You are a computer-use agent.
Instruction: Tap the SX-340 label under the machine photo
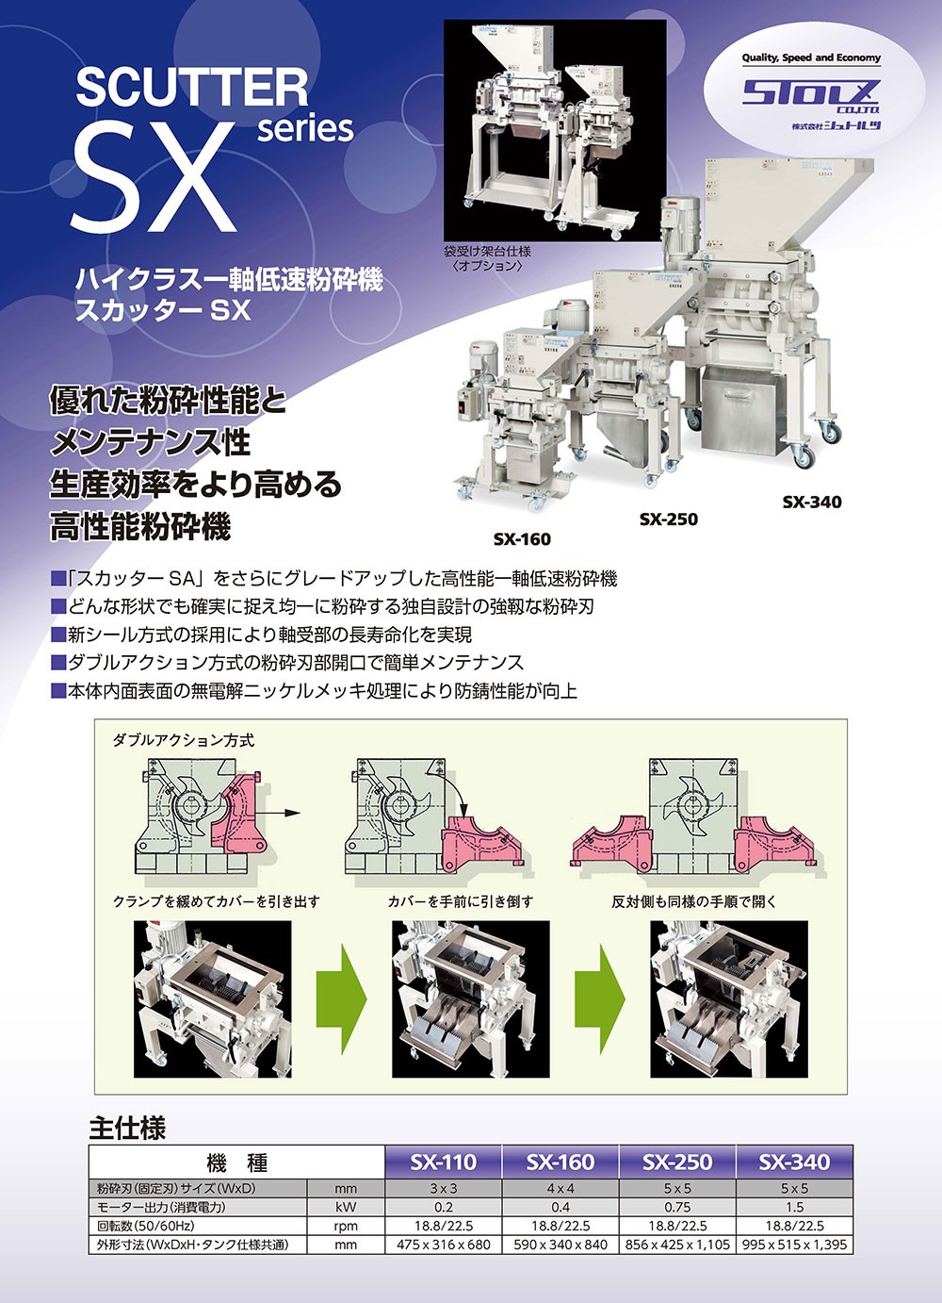coord(811,502)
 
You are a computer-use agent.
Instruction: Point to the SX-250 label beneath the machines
coord(668,519)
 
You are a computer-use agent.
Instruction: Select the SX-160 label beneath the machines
coord(522,539)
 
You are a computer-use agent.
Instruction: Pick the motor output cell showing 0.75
coord(677,1207)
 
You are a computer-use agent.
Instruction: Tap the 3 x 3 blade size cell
coord(444,1188)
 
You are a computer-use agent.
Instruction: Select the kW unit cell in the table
coord(346,1207)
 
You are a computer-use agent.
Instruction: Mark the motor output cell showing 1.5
coord(794,1207)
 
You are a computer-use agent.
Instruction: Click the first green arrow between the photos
coord(342,999)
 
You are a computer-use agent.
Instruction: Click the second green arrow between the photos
coord(600,999)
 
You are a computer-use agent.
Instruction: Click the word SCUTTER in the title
coord(192,88)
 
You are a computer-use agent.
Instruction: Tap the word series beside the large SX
coord(305,129)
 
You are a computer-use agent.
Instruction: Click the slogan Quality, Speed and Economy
coord(811,58)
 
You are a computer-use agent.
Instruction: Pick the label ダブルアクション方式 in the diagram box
coord(184,740)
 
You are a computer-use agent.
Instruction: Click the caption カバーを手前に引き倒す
coord(461,902)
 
